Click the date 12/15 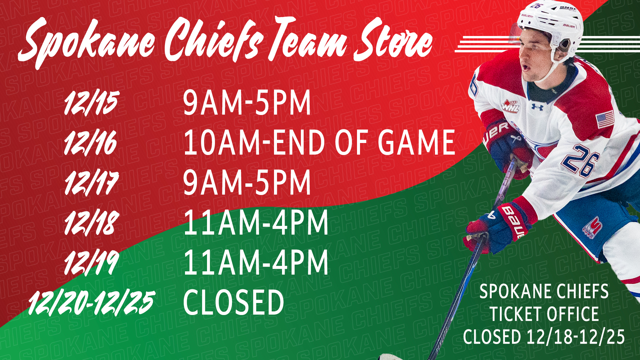point(91,103)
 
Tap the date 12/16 point(91,143)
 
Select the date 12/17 point(91,183)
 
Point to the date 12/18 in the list point(91,223)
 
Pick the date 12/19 point(91,263)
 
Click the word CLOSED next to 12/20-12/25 point(233,302)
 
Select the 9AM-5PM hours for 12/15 point(247,103)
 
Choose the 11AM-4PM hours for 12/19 point(256,262)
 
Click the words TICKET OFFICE point(544,314)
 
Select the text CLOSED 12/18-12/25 point(544,336)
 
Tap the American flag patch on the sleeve point(605,119)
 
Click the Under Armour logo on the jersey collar point(537,107)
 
